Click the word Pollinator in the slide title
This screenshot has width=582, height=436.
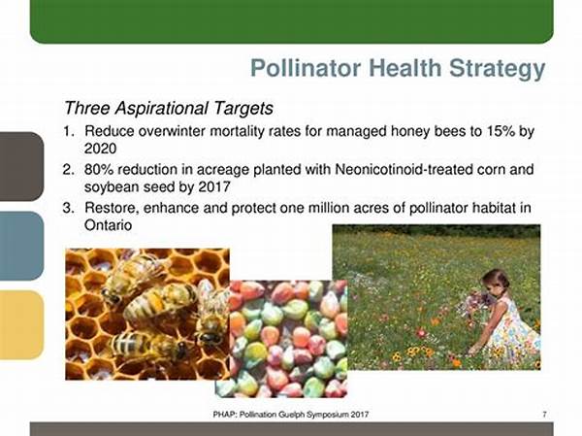tap(306, 68)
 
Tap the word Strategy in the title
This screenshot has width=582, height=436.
tap(497, 70)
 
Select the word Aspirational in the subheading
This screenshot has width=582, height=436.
tap(161, 108)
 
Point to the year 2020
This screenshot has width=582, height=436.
tap(100, 149)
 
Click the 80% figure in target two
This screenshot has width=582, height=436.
tap(99, 170)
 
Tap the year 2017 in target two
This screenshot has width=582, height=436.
tap(214, 186)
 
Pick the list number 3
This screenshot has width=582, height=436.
tap(68, 208)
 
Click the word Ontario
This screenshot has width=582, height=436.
tap(108, 225)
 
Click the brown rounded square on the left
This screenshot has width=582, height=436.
tap(21, 166)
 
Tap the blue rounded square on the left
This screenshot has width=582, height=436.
tap(21, 246)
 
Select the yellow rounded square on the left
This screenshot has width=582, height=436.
tap(21, 325)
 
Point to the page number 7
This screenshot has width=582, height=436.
tap(544, 414)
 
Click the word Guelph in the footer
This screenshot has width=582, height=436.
tap(286, 414)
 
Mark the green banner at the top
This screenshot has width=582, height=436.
tap(291, 21)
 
